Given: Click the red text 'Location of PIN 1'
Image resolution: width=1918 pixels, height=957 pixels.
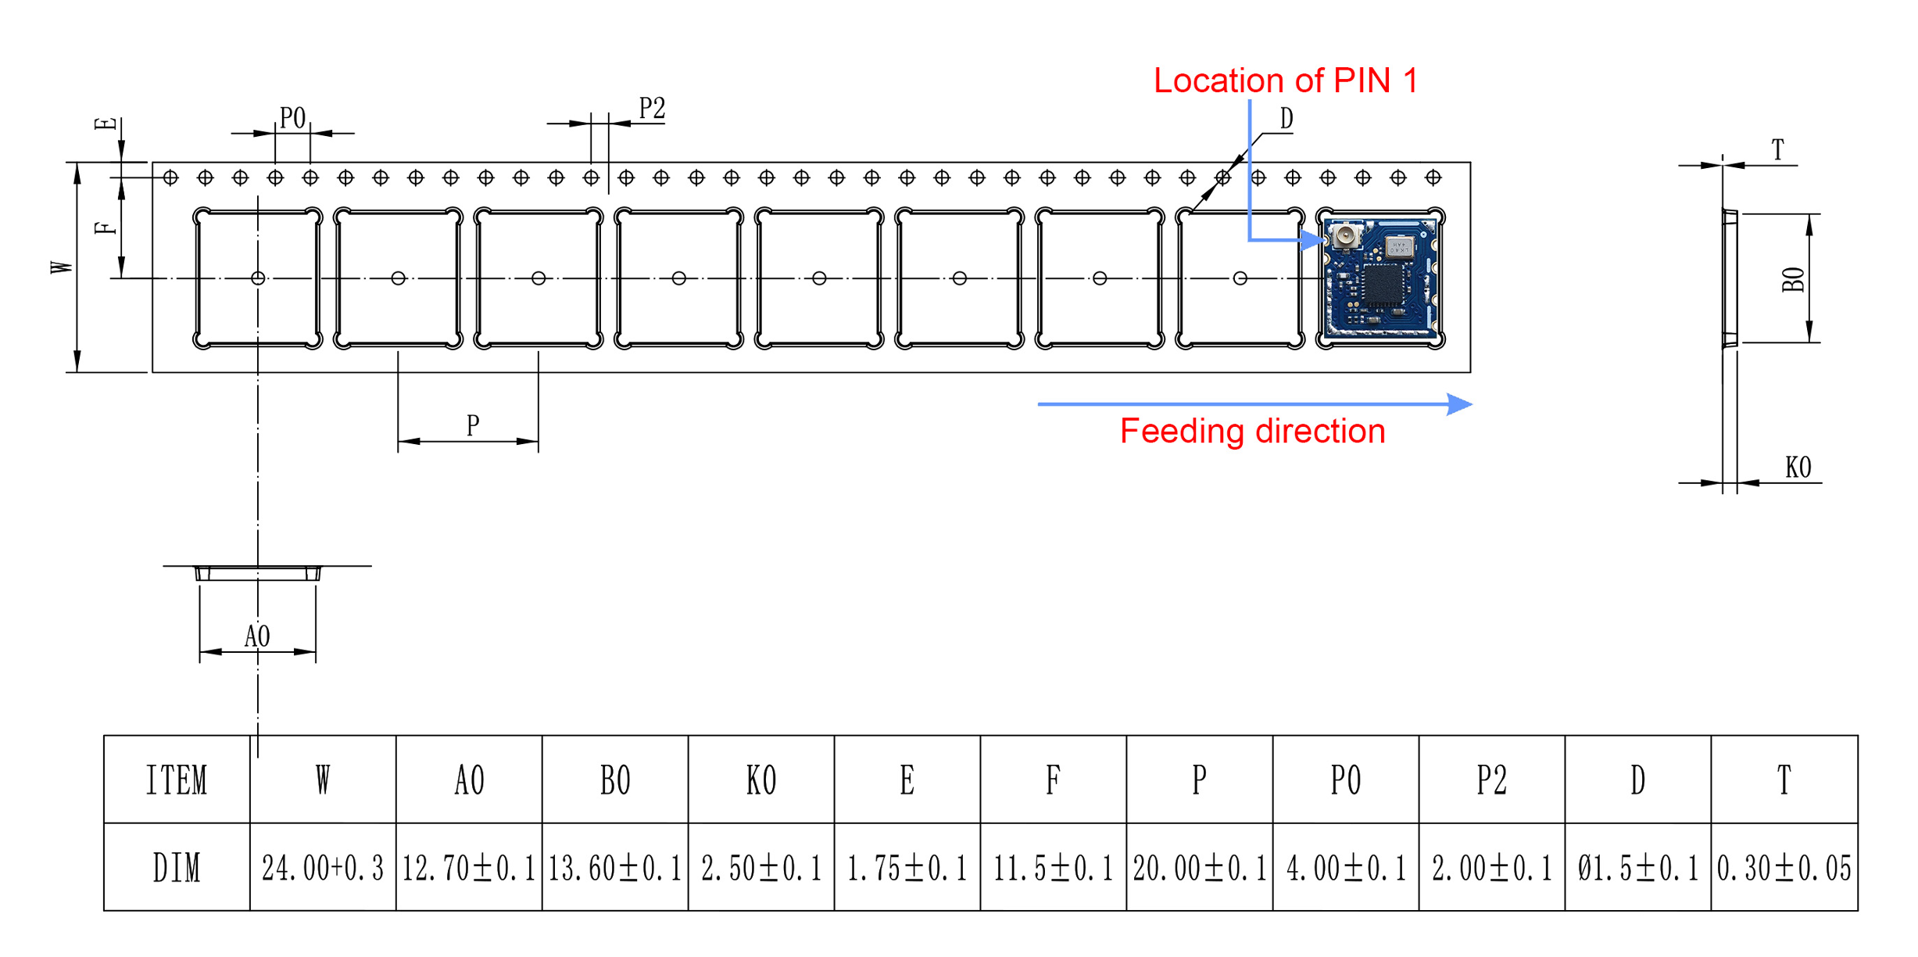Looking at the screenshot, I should pyautogui.click(x=1285, y=81).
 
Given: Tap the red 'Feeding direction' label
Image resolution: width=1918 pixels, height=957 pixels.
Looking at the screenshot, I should pyautogui.click(x=1252, y=431).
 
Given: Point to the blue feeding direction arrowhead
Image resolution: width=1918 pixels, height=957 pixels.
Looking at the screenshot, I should pyautogui.click(x=1458, y=404).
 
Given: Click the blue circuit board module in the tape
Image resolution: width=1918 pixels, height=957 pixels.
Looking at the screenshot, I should pyautogui.click(x=1381, y=279).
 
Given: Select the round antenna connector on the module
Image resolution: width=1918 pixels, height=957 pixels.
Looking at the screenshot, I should pyautogui.click(x=1346, y=235).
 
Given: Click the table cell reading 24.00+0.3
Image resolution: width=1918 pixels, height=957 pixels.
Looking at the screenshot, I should pyautogui.click(x=323, y=868).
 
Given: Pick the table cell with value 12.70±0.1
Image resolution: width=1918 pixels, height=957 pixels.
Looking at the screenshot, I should pyautogui.click(x=469, y=868).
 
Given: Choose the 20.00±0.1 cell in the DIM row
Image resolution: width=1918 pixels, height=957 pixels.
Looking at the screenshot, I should pyautogui.click(x=1200, y=868).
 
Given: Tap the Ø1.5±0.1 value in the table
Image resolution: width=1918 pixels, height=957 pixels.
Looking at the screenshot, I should pyautogui.click(x=1638, y=868).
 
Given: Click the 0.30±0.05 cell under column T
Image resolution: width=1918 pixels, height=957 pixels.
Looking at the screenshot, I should pyautogui.click(x=1784, y=868).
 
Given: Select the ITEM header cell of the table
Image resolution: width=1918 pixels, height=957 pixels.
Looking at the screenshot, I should pyautogui.click(x=177, y=780).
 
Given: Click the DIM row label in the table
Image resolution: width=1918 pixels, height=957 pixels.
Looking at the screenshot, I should pyautogui.click(x=177, y=868).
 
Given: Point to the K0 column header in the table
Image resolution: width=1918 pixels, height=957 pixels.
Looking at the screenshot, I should pyautogui.click(x=761, y=780).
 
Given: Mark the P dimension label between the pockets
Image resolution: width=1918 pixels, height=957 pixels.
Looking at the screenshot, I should pyautogui.click(x=473, y=425).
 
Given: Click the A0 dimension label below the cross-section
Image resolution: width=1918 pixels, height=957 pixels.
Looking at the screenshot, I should pyautogui.click(x=257, y=636).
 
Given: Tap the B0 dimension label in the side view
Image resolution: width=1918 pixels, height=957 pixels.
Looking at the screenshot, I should pyautogui.click(x=1793, y=279).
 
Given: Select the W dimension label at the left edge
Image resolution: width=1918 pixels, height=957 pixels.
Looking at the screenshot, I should pyautogui.click(x=62, y=267).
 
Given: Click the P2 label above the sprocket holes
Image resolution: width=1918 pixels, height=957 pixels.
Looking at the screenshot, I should pyautogui.click(x=652, y=109).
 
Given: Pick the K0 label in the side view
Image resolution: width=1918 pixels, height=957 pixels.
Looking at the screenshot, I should pyautogui.click(x=1798, y=468).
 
